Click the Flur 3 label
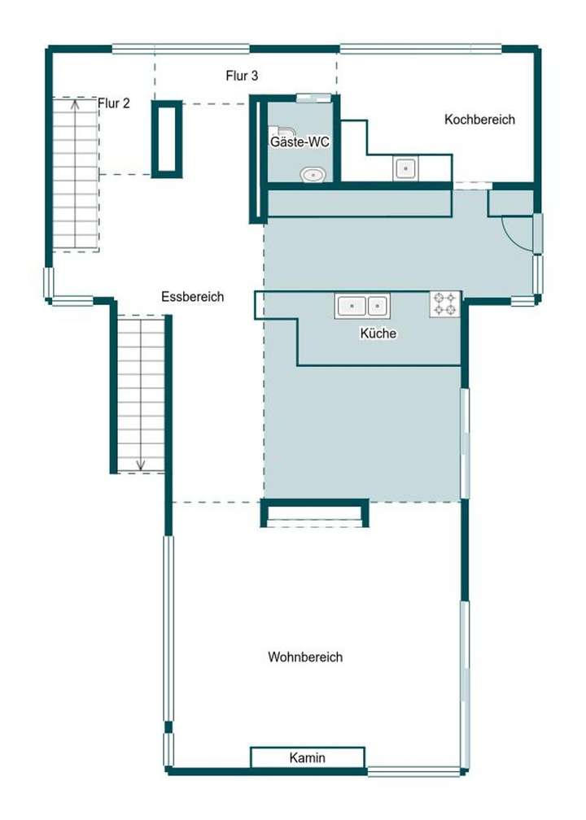(242, 76)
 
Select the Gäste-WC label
(300, 142)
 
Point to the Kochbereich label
(479, 120)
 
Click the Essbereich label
(192, 297)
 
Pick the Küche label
(378, 334)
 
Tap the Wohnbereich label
(305, 656)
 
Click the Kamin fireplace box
(307, 757)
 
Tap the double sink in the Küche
(363, 306)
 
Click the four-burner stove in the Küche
(444, 304)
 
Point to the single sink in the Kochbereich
(405, 168)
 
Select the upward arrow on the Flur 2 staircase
(76, 105)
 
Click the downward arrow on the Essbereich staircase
(141, 463)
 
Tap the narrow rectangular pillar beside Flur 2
(167, 138)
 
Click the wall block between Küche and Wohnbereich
(314, 513)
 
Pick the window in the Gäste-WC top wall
(312, 98)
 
